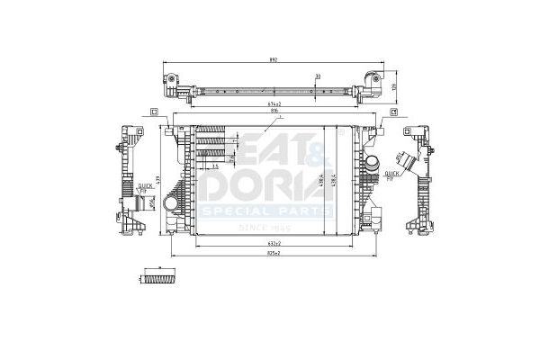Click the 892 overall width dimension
[274, 59]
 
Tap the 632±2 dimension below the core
[274, 244]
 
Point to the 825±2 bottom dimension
[274, 253]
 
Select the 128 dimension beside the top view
[393, 86]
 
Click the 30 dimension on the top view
[318, 76]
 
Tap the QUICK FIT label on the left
[145, 186]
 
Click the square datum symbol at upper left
[155, 112]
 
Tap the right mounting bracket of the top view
[372, 84]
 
